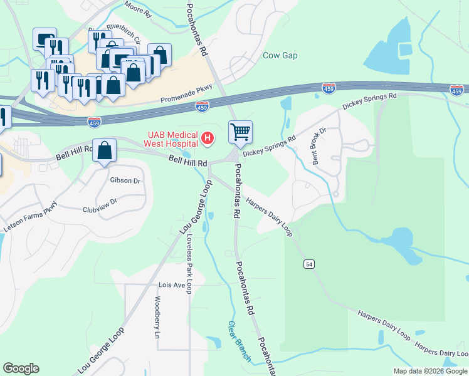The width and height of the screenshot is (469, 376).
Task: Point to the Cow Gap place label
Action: coord(280,55)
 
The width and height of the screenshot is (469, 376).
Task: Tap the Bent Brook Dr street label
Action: coord(320,147)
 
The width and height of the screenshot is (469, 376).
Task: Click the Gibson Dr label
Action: coord(125,180)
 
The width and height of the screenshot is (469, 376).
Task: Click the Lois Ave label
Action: coord(172,285)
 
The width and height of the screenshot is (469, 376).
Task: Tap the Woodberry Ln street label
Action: coord(157,317)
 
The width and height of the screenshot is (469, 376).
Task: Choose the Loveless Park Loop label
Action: coord(189,257)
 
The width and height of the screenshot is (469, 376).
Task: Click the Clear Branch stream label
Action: coord(238,341)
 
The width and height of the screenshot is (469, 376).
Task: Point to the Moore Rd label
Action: coord(138,11)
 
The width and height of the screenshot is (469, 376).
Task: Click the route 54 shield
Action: coord(309,264)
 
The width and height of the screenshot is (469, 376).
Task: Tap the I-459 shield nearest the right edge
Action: coord(457,90)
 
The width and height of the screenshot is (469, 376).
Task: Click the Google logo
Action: coord(21,368)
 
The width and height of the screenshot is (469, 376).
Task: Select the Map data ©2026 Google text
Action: coord(429,371)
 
